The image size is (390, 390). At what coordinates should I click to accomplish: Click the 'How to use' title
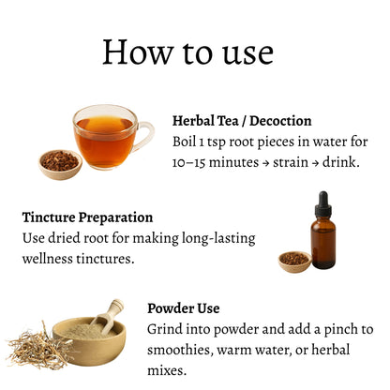pos(188,52)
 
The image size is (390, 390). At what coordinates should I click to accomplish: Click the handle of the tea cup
pos(145,137)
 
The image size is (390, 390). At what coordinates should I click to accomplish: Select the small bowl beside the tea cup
pos(60,164)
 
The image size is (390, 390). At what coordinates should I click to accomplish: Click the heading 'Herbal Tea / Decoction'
pos(242,121)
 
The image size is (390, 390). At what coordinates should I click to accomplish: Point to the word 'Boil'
pos(185,142)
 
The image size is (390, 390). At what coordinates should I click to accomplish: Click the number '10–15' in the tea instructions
pos(188,162)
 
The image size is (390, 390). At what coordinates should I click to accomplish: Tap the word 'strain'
pos(291,162)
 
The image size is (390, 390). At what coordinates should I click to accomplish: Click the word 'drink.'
pos(341,162)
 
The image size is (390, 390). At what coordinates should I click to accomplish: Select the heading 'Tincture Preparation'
pos(87,217)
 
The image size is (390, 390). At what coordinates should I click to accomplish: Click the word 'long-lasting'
pos(218,238)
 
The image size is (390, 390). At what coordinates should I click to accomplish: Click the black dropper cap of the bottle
pos(323,204)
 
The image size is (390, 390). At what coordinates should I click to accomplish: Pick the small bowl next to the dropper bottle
pos(294,262)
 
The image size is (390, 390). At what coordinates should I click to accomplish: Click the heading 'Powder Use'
pos(184,308)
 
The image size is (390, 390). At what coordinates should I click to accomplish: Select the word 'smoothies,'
pos(180,350)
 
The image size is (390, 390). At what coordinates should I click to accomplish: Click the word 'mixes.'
pos(167,370)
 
